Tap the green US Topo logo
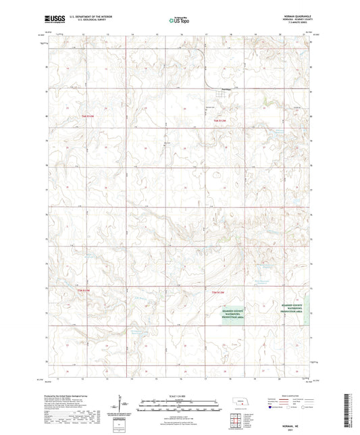tap(178, 22)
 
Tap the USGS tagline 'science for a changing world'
tap(53, 24)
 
